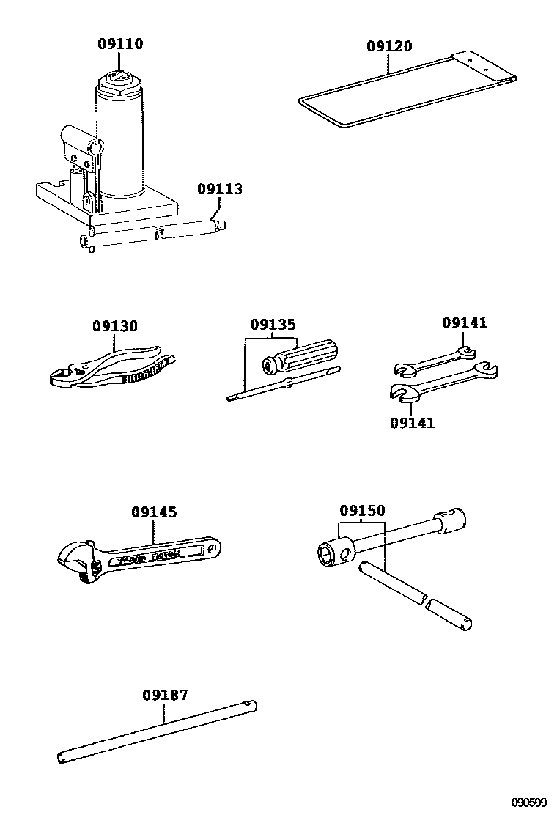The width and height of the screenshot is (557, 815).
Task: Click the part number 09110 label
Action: pos(120,44)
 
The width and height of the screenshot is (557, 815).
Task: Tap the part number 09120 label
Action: pos(389,46)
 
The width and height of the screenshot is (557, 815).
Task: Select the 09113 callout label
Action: pos(219,189)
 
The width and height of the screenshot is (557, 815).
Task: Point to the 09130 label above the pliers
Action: pos(114,326)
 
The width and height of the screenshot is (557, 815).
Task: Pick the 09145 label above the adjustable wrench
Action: pos(154,512)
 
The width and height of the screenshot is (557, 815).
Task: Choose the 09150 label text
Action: pos(361,510)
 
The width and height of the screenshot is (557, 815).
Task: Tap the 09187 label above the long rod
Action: pos(165,695)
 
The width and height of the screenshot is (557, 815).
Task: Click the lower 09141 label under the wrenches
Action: pos(412,423)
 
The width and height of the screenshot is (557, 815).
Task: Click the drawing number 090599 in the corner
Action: pos(529,803)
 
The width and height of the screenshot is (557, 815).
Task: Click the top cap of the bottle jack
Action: pos(120,78)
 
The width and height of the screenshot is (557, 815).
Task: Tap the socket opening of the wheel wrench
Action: pos(326,555)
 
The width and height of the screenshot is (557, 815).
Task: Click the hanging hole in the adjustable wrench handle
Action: pos(212,547)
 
